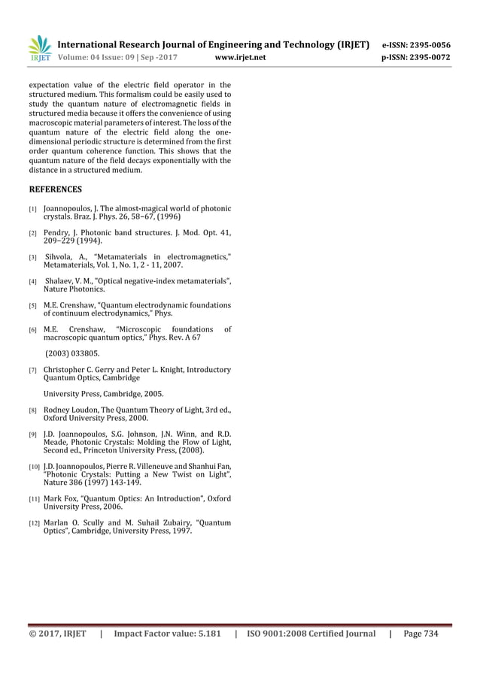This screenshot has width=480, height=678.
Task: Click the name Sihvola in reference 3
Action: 62,257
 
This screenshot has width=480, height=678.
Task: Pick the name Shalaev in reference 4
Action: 61,281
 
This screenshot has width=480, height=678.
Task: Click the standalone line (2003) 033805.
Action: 72,353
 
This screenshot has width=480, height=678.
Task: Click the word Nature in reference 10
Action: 56,483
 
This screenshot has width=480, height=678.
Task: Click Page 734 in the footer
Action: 421,634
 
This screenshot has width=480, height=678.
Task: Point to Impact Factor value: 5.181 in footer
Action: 167,634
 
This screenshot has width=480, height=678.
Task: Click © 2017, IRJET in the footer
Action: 58,634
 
